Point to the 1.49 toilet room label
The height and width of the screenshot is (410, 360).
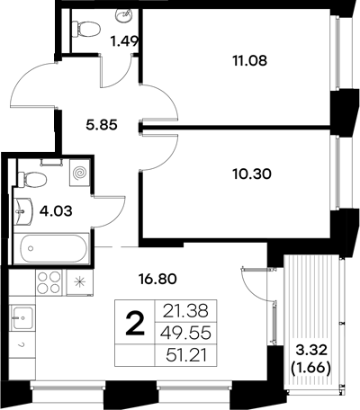124,40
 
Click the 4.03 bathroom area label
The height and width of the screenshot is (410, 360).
55,213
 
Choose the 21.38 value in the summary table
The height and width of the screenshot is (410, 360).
180,311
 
